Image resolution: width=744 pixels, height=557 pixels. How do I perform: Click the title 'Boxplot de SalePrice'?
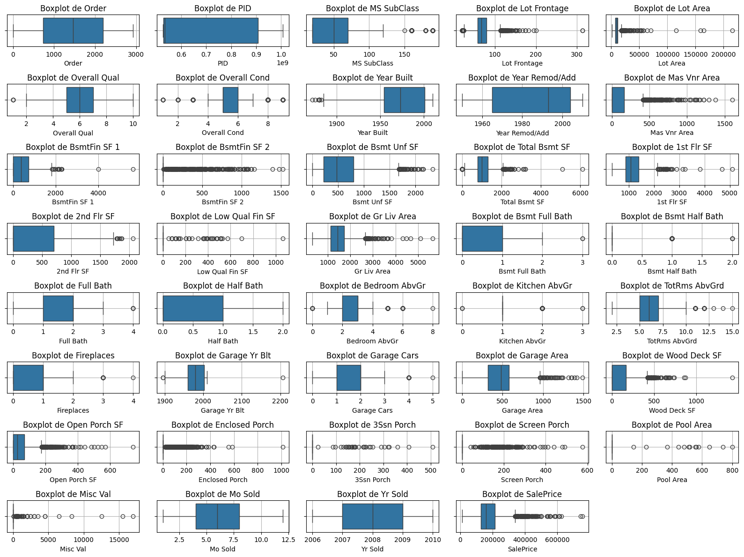[522, 494]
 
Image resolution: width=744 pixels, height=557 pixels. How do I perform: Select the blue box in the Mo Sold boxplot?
[217, 516]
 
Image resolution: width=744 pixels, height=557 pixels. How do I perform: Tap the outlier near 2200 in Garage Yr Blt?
[283, 378]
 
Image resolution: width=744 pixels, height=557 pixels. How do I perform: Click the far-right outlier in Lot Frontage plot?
[582, 30]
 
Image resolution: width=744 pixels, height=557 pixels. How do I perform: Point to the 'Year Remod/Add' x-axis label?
[522, 133]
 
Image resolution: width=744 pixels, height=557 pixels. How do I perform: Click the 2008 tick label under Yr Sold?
[373, 540]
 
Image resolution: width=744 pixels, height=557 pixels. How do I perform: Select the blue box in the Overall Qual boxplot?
[80, 100]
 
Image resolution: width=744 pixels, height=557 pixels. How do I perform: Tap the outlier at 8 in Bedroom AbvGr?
[433, 308]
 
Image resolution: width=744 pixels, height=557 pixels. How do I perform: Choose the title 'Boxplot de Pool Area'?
[671, 425]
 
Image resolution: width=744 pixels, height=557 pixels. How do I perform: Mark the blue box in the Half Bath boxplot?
[193, 308]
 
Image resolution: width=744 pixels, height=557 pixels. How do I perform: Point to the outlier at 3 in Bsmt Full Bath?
[582, 239]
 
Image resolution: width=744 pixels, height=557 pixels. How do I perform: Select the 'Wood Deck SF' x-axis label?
[672, 410]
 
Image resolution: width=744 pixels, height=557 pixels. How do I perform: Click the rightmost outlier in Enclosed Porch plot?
[283, 447]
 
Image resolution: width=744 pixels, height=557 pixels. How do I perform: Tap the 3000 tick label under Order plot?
[136, 54]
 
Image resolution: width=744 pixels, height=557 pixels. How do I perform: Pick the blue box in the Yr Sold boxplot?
[372, 516]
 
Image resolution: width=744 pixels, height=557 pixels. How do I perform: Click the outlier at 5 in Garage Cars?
[433, 378]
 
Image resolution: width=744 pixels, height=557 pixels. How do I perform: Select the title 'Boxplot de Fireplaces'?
[73, 356]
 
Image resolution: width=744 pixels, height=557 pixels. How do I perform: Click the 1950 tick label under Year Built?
[380, 124]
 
